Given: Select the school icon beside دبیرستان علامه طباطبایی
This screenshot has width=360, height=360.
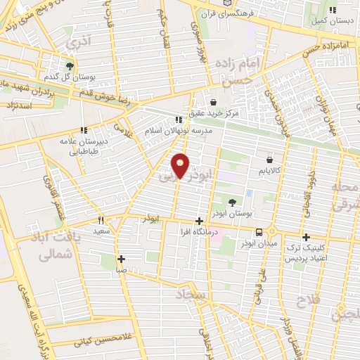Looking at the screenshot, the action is tap(84, 130).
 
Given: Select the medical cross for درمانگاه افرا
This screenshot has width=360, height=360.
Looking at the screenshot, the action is tap(200, 221).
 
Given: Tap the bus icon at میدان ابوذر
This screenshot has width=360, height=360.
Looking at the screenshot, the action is tap(259, 232).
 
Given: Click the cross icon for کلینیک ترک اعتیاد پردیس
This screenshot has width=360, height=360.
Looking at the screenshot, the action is tap(306, 237).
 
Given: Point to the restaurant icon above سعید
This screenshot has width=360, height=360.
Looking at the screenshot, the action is tap(101, 219).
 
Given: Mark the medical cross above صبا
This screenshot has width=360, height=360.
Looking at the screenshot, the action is tap(122, 258).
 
